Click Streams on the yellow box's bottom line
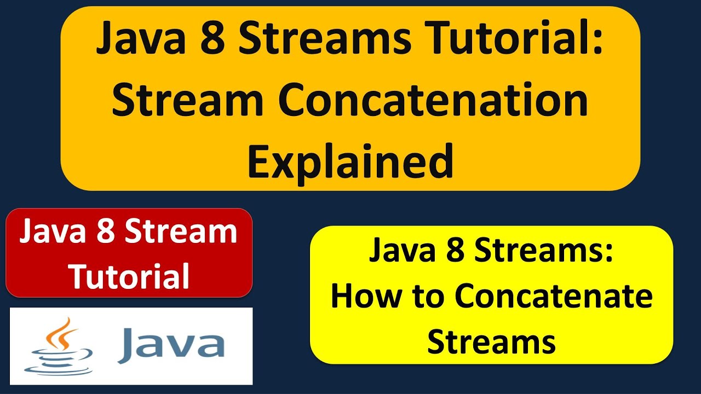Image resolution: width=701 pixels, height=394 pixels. click(x=491, y=341)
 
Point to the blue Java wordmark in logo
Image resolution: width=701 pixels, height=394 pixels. click(x=171, y=343)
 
